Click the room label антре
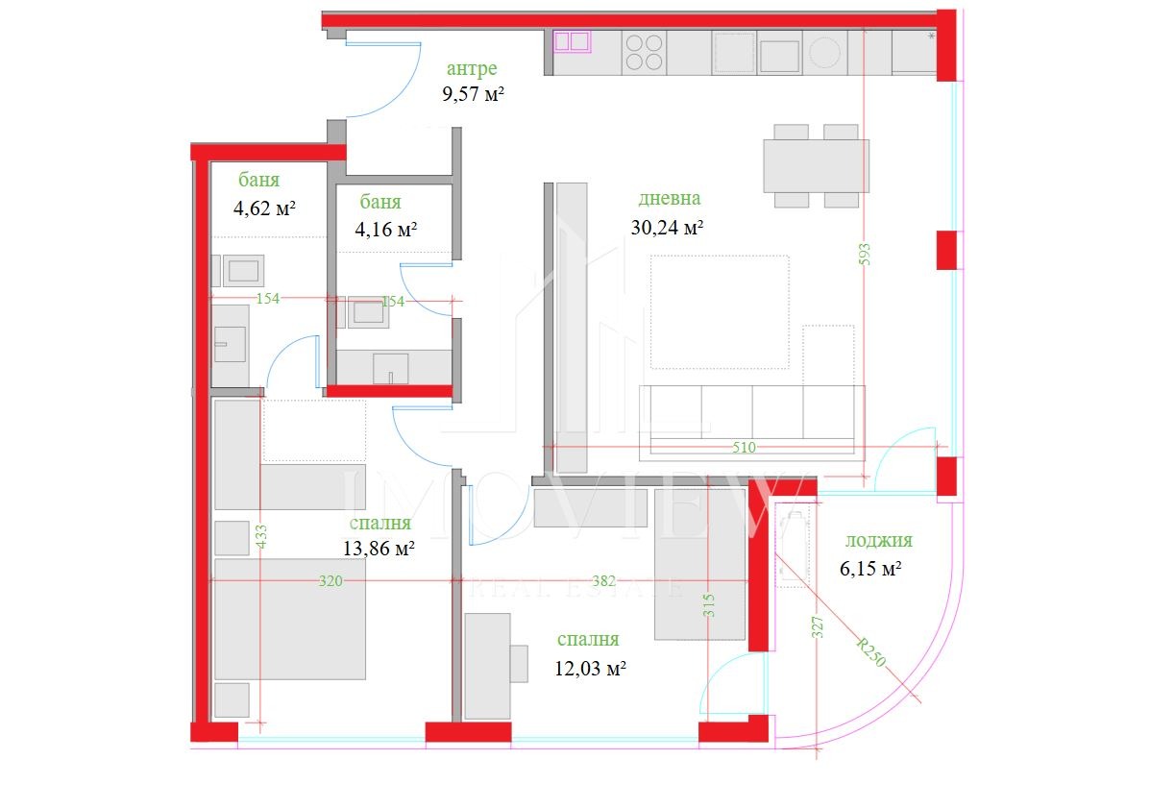pos(472,68)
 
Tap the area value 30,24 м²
pos(668,228)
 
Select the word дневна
pos(669,199)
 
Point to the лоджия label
pos(877,541)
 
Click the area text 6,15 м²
pos(870,569)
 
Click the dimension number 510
pos(745,447)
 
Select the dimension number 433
pos(261,535)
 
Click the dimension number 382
pos(603,580)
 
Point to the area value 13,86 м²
pos(379,549)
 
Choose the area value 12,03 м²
pos(591,668)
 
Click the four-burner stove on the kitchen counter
pos(644,51)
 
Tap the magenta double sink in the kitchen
pos(572,40)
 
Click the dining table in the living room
pos(816,165)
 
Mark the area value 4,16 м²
pos(386,229)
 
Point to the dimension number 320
pos(330,580)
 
